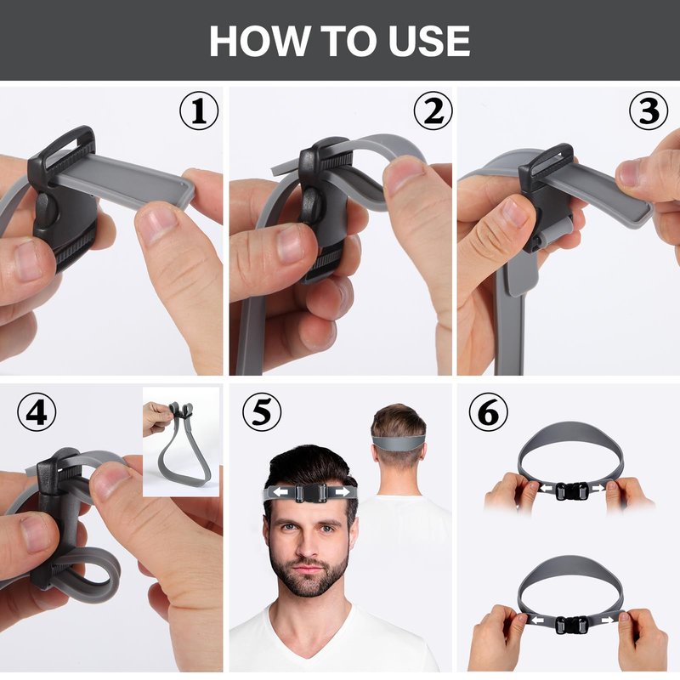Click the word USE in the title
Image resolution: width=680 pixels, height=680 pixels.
click(x=429, y=41)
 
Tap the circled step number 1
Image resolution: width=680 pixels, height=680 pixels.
click(x=199, y=110)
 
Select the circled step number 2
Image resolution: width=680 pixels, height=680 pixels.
click(x=433, y=110)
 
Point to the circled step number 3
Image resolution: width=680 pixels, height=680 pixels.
click(x=649, y=110)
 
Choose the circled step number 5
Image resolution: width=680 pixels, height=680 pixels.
click(x=262, y=412)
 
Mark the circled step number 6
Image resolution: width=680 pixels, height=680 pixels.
click(x=488, y=412)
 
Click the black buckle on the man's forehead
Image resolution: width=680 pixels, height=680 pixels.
click(x=310, y=493)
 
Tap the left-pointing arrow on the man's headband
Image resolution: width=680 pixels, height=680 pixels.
click(x=280, y=492)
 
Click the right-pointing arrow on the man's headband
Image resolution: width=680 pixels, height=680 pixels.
click(x=343, y=492)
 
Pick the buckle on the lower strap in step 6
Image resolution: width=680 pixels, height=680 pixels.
click(x=571, y=625)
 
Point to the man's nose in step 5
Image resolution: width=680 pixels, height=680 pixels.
click(x=309, y=547)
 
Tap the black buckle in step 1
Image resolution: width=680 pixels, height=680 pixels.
click(x=63, y=197)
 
